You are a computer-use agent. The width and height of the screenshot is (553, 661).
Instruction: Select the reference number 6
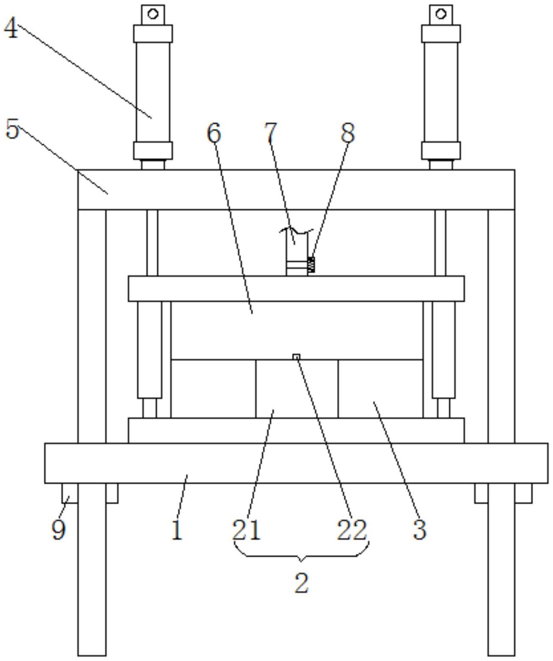tap(214, 133)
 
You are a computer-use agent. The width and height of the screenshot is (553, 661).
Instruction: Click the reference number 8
tap(348, 133)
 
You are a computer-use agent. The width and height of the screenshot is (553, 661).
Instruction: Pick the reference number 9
tap(59, 529)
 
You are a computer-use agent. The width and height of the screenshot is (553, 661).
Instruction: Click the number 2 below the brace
tap(301, 583)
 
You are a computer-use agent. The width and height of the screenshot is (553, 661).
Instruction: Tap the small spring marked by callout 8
tap(312, 265)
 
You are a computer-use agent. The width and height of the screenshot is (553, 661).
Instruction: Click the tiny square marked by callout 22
tap(297, 357)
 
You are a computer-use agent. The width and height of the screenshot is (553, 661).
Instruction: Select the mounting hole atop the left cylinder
tap(153, 14)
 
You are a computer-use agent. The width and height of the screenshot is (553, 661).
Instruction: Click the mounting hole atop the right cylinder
tap(441, 14)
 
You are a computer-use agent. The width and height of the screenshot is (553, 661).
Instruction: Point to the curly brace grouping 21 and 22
tap(301, 552)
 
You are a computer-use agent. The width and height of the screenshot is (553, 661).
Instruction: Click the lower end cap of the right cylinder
tap(441, 151)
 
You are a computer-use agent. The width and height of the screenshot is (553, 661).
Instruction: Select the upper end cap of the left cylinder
tap(153, 34)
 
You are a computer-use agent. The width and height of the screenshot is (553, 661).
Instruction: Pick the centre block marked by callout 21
tap(297, 389)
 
